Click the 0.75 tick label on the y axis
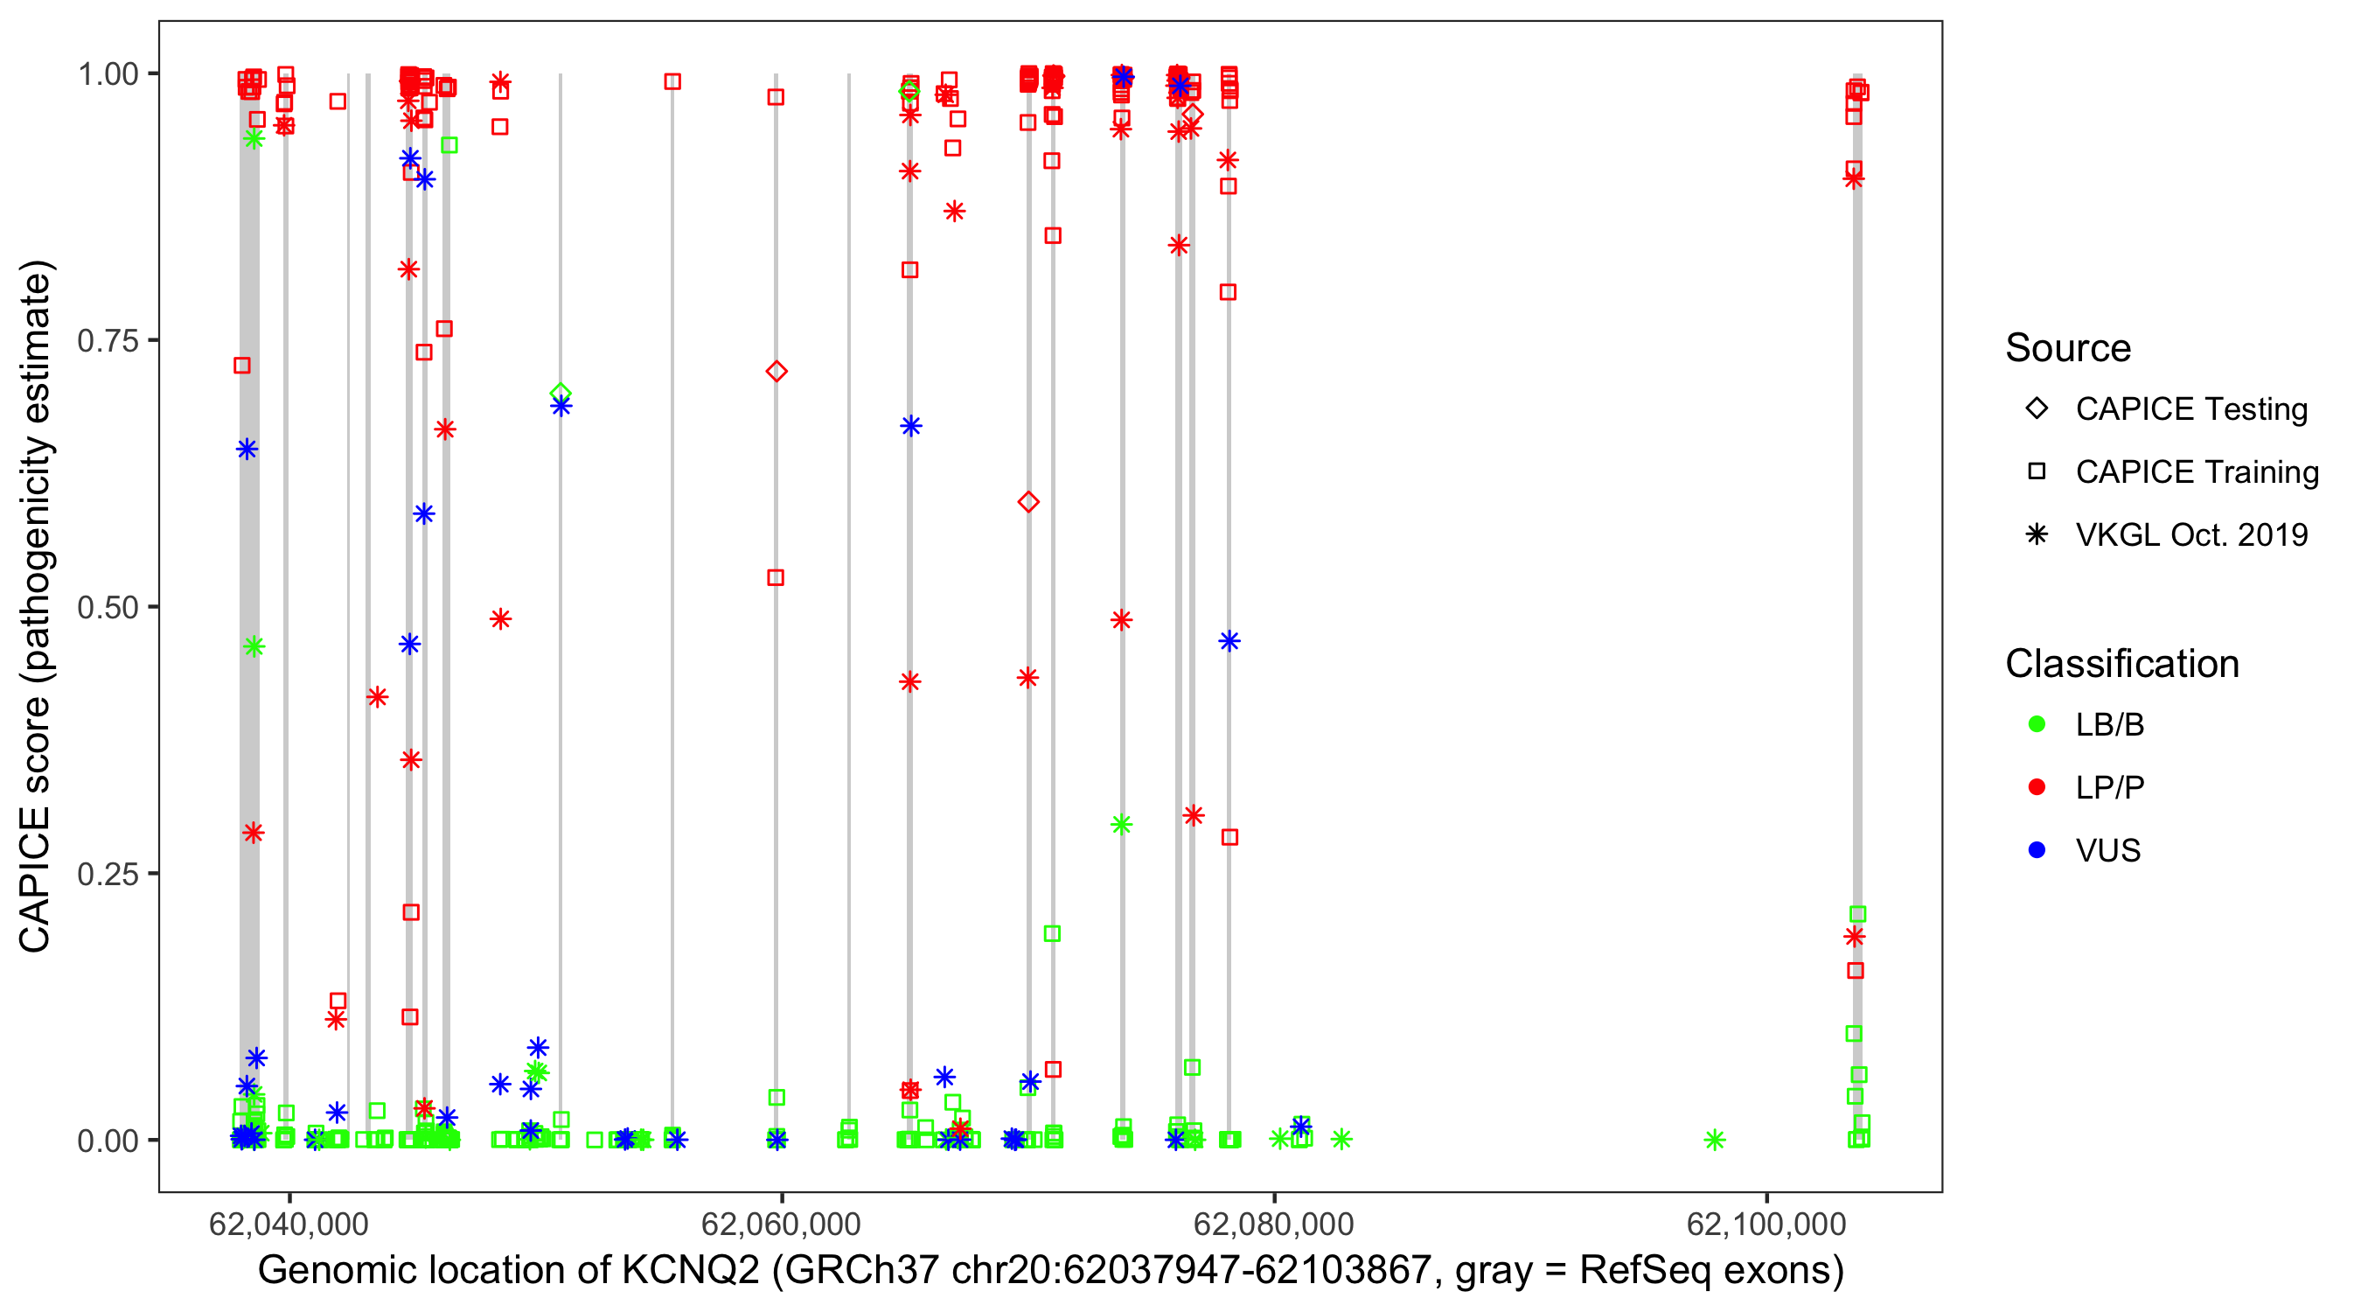[107, 341]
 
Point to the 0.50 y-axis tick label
[107, 607]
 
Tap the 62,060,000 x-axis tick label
[781, 1224]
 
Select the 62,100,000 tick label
[1766, 1224]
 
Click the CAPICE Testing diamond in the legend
[2037, 409]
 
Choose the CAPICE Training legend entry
[2196, 472]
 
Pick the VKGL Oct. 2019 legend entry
[2190, 535]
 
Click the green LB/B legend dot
[2037, 725]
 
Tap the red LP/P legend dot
[2037, 787]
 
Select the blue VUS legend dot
[2037, 851]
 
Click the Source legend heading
[2068, 348]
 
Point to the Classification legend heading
[2121, 664]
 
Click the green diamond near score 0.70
[561, 394]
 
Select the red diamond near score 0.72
[777, 372]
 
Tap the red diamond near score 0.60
[1028, 502]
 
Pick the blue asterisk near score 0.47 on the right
[1229, 641]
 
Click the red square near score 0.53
[776, 577]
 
